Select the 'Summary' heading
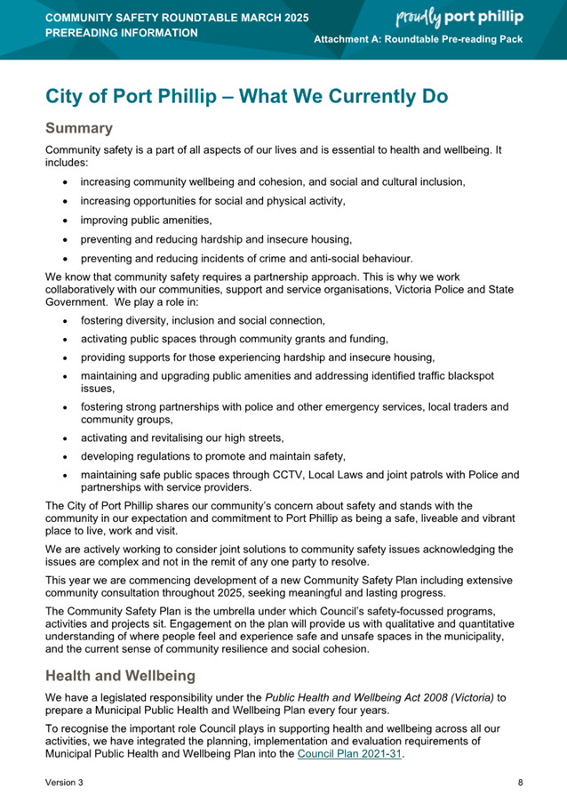79,128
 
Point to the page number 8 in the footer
520,783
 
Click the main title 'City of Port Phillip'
141,96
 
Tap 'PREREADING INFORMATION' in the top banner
122,33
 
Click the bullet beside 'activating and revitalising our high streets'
66,438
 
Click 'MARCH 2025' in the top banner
254,17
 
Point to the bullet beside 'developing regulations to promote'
66,456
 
